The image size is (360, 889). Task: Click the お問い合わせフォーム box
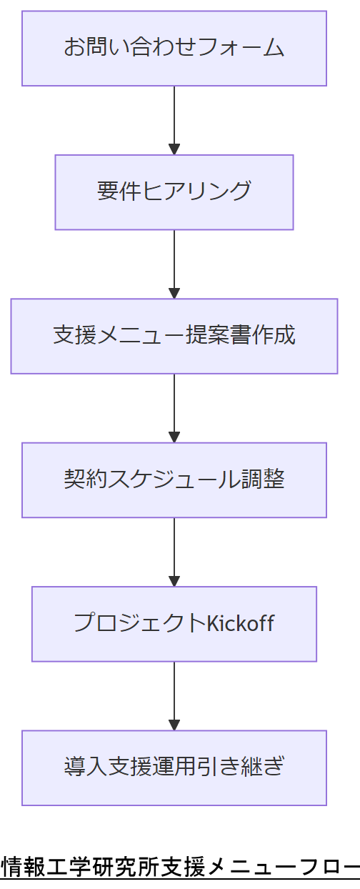174,49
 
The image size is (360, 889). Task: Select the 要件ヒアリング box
174,192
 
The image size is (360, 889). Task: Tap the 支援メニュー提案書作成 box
174,336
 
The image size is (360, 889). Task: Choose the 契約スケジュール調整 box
174,480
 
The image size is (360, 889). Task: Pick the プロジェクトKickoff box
174,624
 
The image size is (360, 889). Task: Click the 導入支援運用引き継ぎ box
174,768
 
